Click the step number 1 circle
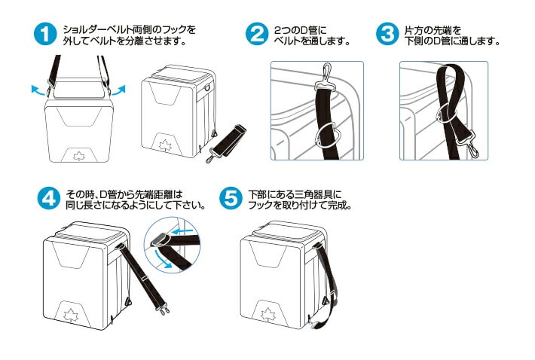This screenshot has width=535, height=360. pyautogui.click(x=47, y=35)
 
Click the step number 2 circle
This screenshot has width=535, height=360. pyautogui.click(x=258, y=35)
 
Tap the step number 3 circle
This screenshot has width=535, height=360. pyautogui.click(x=387, y=35)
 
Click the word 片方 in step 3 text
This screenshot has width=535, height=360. pyautogui.click(x=412, y=29)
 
